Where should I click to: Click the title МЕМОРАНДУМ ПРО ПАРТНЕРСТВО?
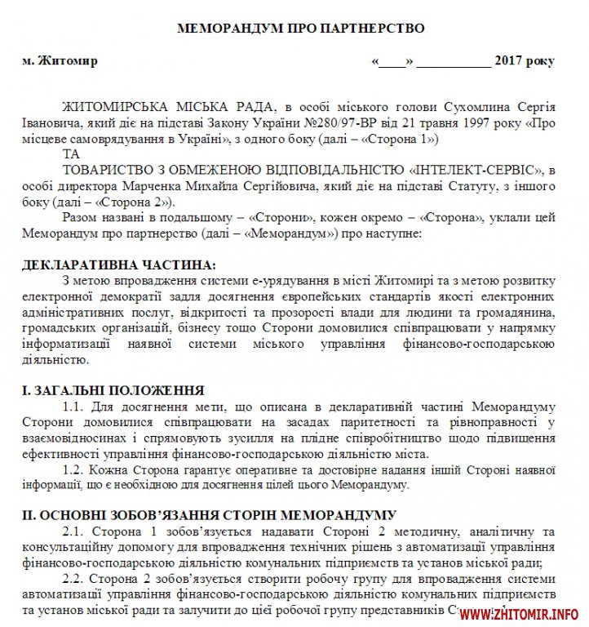pos(301,28)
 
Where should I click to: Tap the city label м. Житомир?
pos(60,61)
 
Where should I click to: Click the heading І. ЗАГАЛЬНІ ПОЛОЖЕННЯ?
pos(113,390)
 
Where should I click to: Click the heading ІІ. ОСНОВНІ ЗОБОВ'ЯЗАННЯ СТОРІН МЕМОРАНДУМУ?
pos(210,516)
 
